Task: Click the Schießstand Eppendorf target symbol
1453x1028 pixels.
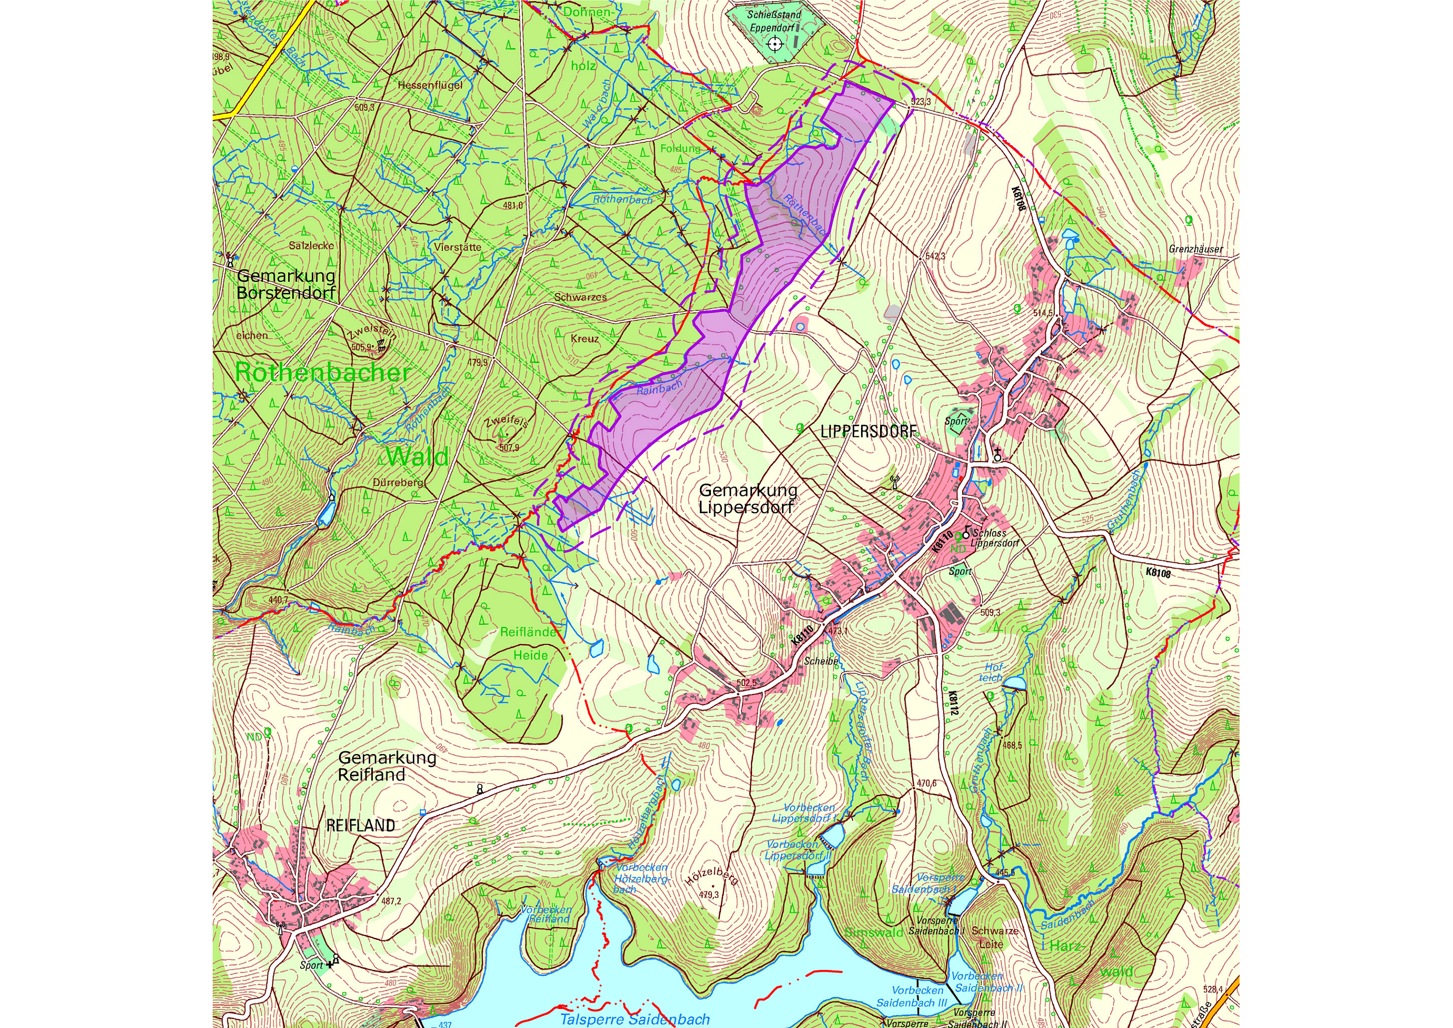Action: pyautogui.click(x=775, y=44)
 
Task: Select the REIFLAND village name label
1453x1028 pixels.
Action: pyautogui.click(x=360, y=826)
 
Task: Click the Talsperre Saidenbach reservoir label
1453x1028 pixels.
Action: pyautogui.click(x=635, y=1019)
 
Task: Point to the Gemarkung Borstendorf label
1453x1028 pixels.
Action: pyautogui.click(x=286, y=284)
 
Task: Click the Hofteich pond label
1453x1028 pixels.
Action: pyautogui.click(x=992, y=672)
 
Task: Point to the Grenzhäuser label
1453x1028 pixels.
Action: pyautogui.click(x=1195, y=249)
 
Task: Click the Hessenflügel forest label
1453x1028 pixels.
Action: pyautogui.click(x=430, y=85)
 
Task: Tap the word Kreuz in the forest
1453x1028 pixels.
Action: pyautogui.click(x=584, y=339)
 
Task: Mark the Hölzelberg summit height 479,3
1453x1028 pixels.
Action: pyautogui.click(x=709, y=895)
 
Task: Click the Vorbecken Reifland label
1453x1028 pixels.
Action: pyautogui.click(x=546, y=914)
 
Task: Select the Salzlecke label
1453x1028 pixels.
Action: pyautogui.click(x=311, y=246)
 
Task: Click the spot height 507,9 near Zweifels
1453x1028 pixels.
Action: pyautogui.click(x=509, y=447)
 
